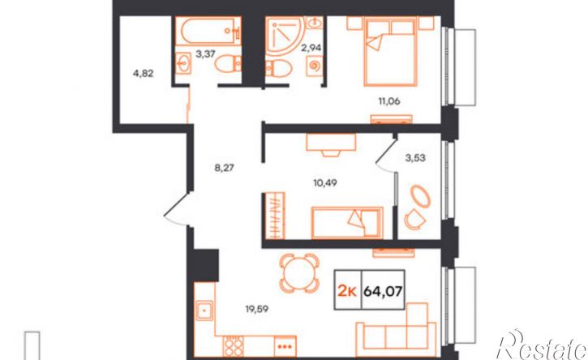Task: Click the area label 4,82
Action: (x=144, y=74)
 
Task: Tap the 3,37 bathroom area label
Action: (x=205, y=54)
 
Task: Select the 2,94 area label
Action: (x=312, y=48)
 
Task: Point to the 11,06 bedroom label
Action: (x=389, y=101)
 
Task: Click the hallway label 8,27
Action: (x=224, y=168)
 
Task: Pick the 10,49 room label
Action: (x=325, y=182)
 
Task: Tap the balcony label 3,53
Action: (x=415, y=158)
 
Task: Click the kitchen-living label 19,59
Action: (x=257, y=309)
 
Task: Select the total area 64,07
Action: (x=383, y=290)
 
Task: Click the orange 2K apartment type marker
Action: (x=347, y=290)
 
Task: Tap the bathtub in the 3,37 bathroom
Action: (x=208, y=32)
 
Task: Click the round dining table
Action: (x=299, y=273)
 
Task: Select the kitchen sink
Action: (x=204, y=311)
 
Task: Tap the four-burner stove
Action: (x=234, y=346)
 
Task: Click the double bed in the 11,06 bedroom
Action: (x=390, y=52)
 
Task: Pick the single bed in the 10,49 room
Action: (x=347, y=223)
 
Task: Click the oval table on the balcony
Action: (x=421, y=196)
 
